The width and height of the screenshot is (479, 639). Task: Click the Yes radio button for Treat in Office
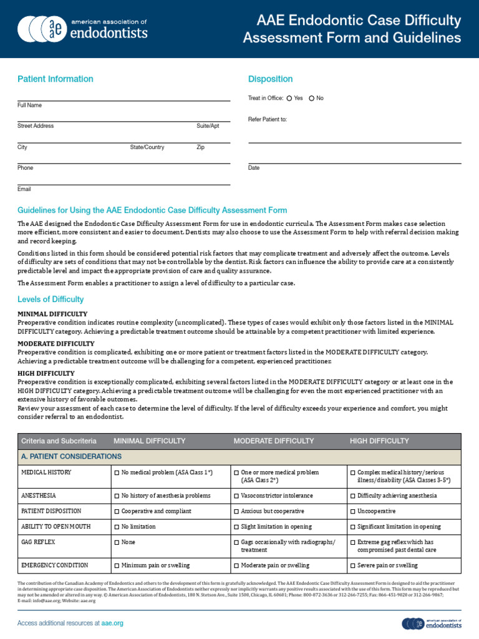point(289,99)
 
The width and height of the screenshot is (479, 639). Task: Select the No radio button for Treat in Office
point(312,99)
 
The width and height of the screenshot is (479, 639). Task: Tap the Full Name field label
point(30,105)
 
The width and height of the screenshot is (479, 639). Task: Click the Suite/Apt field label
point(208,126)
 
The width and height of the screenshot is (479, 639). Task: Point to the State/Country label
point(147,147)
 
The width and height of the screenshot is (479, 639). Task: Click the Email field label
point(24,189)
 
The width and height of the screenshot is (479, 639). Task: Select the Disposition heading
point(270,79)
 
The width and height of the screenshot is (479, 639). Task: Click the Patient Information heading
point(56,79)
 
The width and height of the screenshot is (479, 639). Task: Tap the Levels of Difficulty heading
point(51,300)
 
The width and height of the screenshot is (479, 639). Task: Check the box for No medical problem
point(117,473)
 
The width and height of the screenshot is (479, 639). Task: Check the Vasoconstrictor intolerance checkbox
point(236,496)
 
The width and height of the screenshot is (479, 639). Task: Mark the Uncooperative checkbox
point(353,511)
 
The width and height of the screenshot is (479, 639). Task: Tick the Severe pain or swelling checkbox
point(353,566)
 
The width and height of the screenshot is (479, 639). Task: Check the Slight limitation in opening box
point(236,527)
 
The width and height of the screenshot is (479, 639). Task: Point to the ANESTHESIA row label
point(39,495)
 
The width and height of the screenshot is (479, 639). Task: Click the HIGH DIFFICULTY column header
point(379,441)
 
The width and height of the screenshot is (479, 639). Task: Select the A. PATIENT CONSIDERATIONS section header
point(71,457)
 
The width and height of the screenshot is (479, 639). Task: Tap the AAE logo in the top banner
point(83,28)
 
